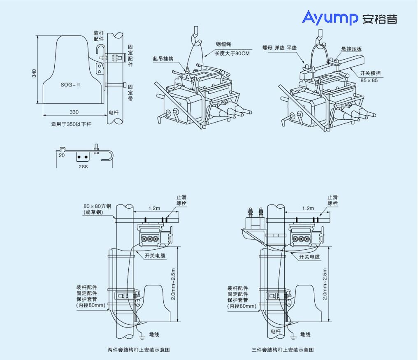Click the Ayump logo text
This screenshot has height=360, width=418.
330,18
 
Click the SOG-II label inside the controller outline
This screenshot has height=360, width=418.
70,85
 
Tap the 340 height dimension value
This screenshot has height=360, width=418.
34,73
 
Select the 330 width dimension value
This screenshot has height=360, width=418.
74,112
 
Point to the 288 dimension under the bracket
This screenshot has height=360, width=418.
83,166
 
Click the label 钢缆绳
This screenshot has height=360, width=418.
223,44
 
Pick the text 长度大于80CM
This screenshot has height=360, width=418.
232,53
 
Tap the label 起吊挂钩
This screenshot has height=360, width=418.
163,59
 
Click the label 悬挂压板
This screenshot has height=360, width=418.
351,49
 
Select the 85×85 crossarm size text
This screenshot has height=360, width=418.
369,80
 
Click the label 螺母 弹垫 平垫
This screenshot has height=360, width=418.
279,48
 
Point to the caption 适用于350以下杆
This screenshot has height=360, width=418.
71,124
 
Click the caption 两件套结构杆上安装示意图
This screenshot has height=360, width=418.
139,350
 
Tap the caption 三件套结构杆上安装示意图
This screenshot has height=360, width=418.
283,350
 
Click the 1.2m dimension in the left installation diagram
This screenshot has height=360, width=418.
154,208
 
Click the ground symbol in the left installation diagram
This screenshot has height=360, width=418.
142,337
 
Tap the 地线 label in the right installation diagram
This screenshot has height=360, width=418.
305,334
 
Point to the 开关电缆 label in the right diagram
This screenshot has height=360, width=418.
309,257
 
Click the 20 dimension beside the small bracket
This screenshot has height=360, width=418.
62,155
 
